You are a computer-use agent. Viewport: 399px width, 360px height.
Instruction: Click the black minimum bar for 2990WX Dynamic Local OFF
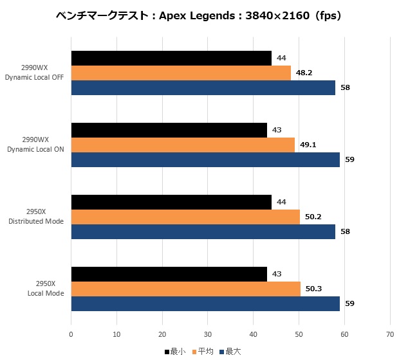point(171,59)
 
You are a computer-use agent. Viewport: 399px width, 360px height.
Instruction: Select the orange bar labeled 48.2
point(181,73)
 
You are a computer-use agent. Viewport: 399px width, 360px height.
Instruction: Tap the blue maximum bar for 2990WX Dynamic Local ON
point(205,159)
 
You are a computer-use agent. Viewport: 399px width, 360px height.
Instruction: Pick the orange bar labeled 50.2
point(185,217)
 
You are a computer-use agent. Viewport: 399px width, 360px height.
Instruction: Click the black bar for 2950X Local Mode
point(169,274)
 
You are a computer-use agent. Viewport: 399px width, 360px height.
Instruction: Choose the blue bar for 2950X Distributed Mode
point(203,231)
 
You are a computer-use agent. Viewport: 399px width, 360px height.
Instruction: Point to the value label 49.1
point(308,145)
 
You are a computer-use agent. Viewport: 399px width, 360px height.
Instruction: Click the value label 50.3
point(313,289)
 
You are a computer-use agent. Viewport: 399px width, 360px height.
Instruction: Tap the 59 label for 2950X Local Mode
point(349,303)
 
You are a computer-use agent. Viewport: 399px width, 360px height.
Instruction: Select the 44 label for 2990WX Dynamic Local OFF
point(281,59)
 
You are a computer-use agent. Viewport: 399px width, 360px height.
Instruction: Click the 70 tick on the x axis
point(390,334)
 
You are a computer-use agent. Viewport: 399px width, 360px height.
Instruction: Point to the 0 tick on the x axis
point(71,334)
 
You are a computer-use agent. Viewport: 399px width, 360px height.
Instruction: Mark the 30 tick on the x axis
point(208,334)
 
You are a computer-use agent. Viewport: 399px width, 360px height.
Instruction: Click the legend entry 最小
point(175,352)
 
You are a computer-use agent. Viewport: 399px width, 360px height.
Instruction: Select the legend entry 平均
point(203,352)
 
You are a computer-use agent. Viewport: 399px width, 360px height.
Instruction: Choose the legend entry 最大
point(230,352)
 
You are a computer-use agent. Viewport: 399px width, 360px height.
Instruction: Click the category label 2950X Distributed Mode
point(36,217)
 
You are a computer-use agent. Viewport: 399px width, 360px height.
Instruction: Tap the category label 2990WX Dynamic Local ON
point(35,145)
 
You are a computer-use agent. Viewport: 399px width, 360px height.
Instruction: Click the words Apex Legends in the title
point(197,16)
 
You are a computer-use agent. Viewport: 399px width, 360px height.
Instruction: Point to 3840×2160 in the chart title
point(277,16)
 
